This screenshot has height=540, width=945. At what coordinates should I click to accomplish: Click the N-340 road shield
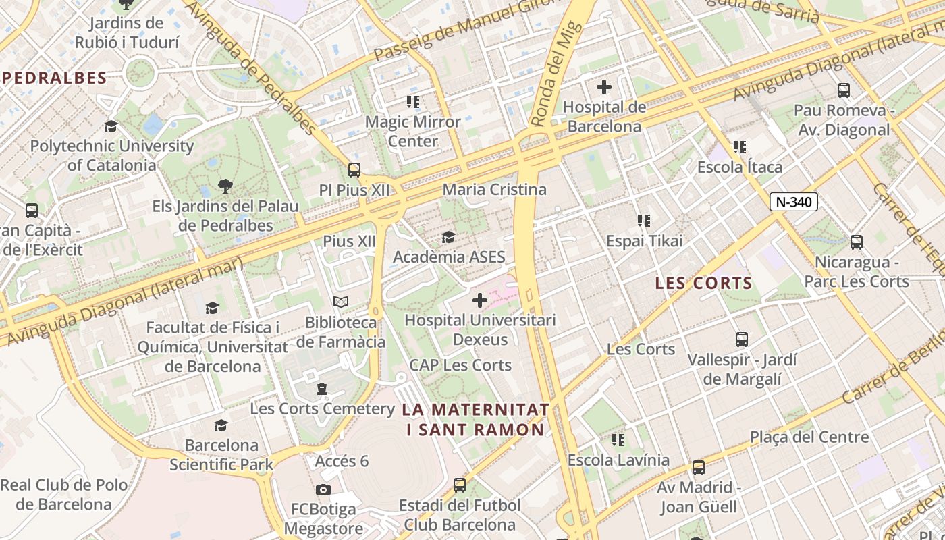pyautogui.click(x=794, y=201)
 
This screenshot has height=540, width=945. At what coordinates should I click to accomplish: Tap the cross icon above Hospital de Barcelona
pyautogui.click(x=604, y=87)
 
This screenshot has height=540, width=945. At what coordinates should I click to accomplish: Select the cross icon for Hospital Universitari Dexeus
pyautogui.click(x=480, y=300)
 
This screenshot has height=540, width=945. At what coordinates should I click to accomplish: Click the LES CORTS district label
pyautogui.click(x=703, y=283)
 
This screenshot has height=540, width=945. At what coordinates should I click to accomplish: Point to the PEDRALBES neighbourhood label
pyautogui.click(x=55, y=78)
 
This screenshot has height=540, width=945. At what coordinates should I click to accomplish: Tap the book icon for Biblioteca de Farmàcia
pyautogui.click(x=341, y=302)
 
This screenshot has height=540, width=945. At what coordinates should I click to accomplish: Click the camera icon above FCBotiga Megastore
pyautogui.click(x=323, y=489)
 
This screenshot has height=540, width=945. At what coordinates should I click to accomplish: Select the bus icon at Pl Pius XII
pyautogui.click(x=354, y=170)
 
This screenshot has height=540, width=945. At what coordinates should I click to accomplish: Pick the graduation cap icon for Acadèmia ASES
pyautogui.click(x=448, y=237)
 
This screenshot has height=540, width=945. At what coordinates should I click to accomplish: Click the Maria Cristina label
pyautogui.click(x=494, y=190)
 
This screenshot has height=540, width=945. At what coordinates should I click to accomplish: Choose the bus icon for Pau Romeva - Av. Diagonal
pyautogui.click(x=843, y=90)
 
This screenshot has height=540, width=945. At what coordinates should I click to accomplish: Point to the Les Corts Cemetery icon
pyautogui.click(x=322, y=389)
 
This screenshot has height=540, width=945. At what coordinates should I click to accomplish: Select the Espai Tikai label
pyautogui.click(x=644, y=241)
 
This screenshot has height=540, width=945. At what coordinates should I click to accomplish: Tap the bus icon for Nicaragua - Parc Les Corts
pyautogui.click(x=857, y=242)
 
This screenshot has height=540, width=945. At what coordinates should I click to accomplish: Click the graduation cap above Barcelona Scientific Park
pyautogui.click(x=221, y=425)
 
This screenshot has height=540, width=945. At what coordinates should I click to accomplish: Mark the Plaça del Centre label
pyautogui.click(x=809, y=437)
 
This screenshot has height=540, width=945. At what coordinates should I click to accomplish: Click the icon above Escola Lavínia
pyautogui.click(x=618, y=440)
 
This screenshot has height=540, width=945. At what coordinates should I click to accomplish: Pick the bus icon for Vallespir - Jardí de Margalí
pyautogui.click(x=742, y=339)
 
